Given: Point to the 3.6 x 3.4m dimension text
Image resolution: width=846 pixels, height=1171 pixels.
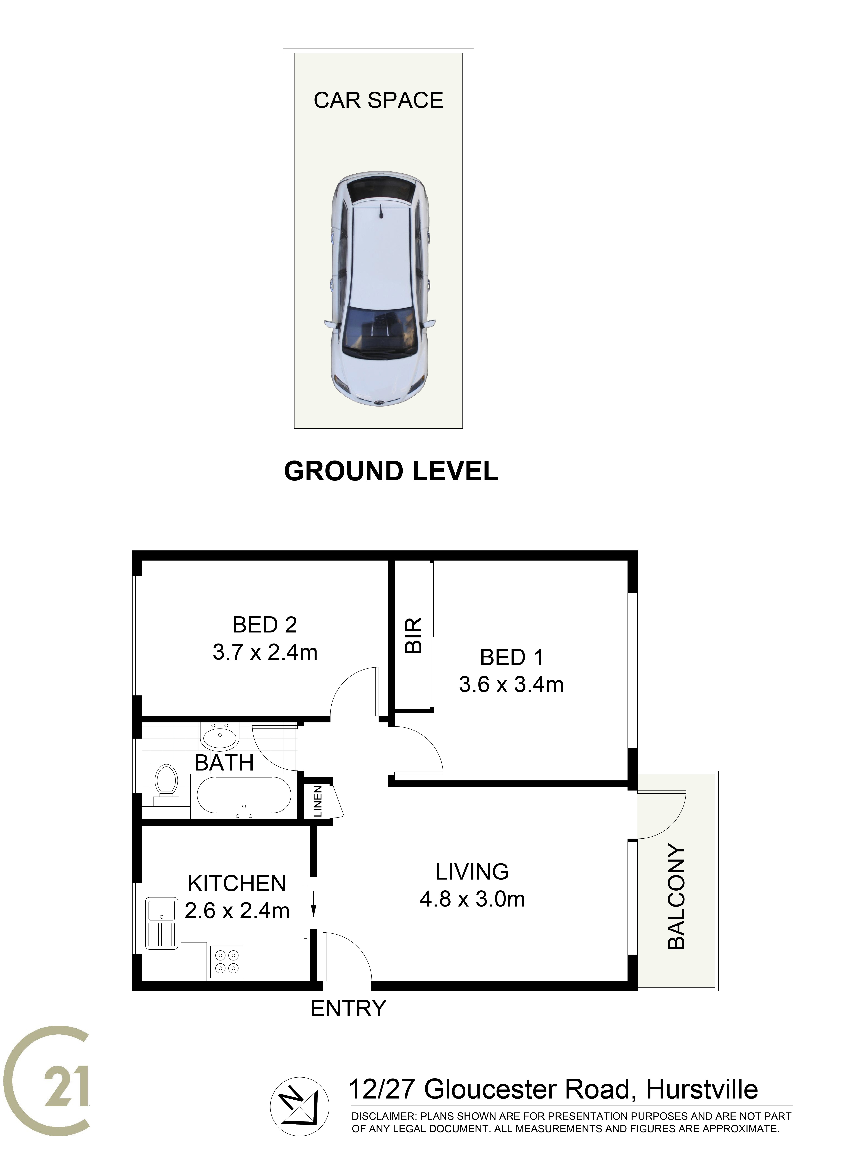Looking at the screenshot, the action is tap(511, 685).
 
